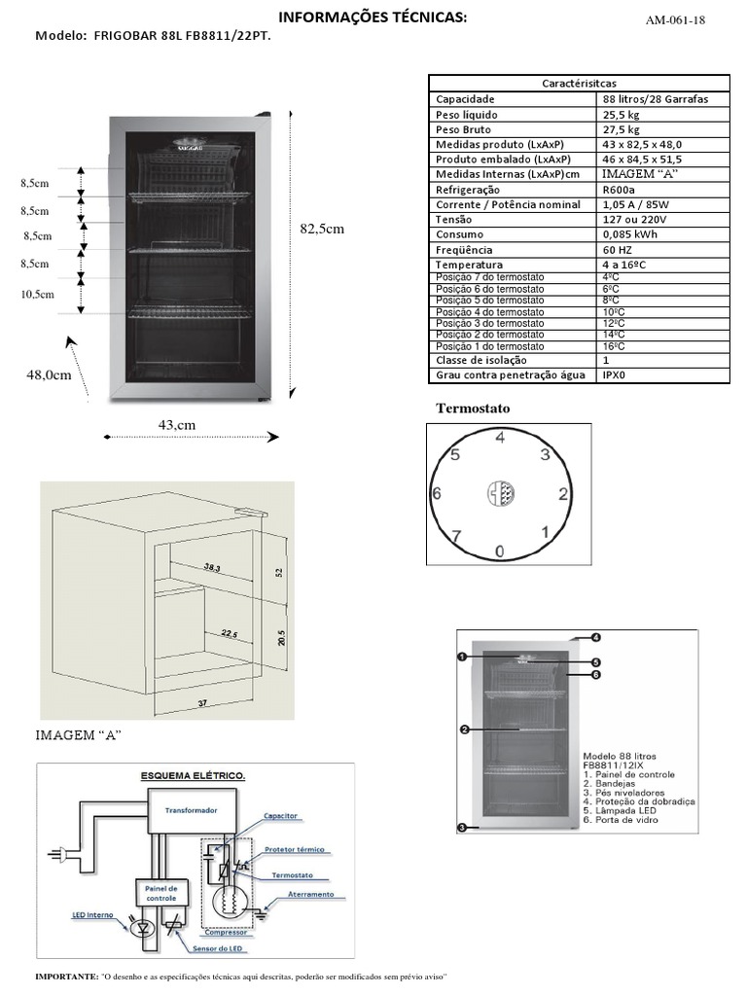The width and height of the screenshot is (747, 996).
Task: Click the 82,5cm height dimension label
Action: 322,229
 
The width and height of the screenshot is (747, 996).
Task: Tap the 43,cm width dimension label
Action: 177,424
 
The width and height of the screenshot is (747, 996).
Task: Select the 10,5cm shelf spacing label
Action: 37,294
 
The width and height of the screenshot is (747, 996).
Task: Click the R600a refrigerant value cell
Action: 619,190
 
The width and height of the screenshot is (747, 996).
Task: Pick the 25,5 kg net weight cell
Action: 621,115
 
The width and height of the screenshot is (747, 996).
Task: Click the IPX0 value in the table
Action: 615,374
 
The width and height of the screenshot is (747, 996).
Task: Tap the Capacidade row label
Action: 465,99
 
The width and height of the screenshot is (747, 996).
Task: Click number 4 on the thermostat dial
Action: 500,438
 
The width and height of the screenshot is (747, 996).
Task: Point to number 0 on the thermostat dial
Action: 499,551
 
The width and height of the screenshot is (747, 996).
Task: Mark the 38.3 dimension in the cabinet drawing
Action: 213,567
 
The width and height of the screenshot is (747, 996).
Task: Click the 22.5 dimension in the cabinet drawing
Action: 229,633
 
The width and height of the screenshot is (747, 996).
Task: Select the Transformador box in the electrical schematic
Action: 191,809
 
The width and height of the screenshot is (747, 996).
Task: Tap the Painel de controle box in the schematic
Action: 160,894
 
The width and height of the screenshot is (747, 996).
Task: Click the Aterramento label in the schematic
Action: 310,894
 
